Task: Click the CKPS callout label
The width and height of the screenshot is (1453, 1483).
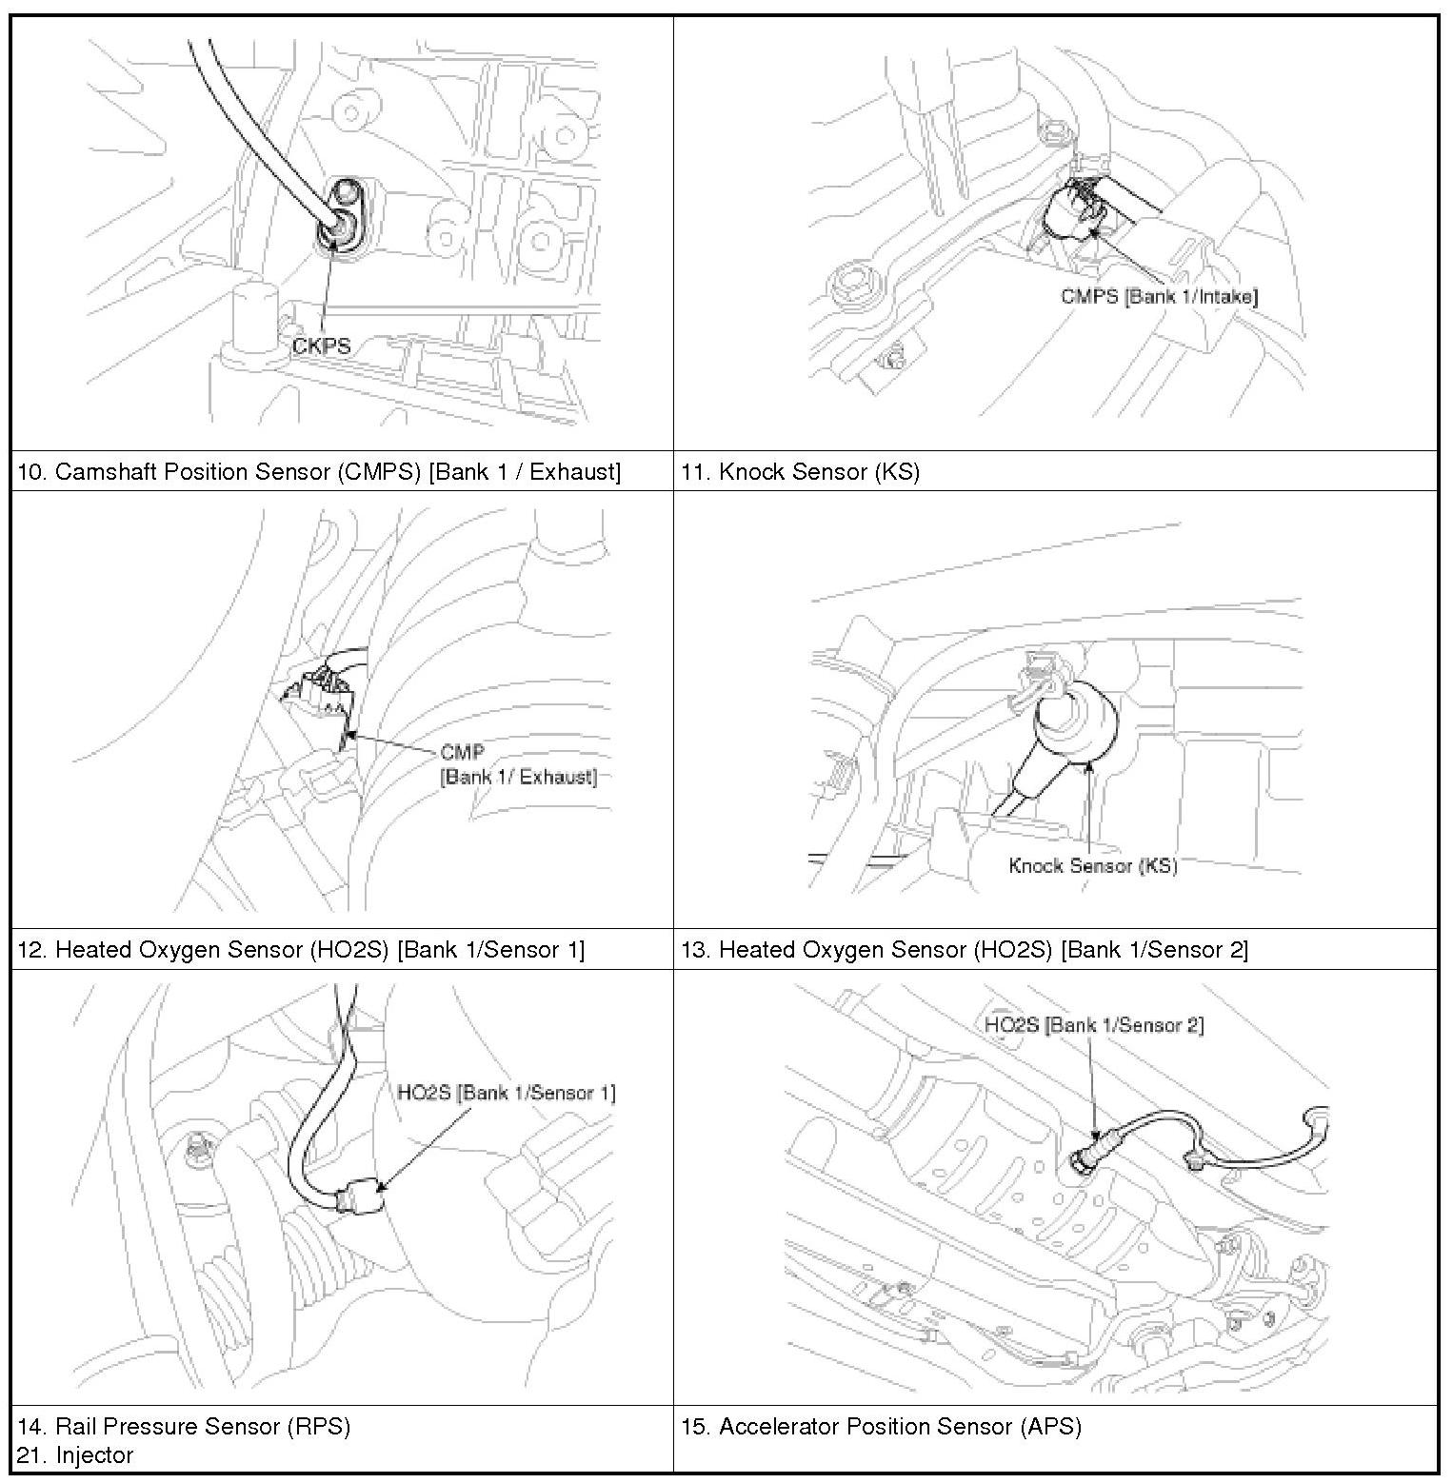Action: click(322, 346)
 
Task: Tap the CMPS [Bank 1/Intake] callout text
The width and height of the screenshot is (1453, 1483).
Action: click(1159, 296)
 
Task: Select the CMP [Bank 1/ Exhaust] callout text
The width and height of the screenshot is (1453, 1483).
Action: click(518, 765)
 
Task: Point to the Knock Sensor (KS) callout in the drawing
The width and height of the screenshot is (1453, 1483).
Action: click(1092, 865)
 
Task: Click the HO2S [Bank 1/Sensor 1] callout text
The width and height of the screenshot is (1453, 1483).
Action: click(506, 1092)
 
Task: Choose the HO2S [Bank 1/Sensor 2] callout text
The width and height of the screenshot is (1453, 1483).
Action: click(1094, 1024)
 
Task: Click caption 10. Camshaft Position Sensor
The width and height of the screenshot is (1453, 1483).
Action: click(319, 471)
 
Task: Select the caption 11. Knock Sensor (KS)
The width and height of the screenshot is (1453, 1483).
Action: click(800, 471)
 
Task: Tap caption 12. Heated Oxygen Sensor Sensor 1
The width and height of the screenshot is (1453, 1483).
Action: click(301, 949)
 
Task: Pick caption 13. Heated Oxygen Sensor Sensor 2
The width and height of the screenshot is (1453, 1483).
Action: click(964, 949)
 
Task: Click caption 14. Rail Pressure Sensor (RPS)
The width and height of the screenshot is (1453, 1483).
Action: click(184, 1426)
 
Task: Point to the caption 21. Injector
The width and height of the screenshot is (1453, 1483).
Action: click(75, 1454)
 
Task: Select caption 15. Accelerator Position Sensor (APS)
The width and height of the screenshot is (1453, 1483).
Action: click(881, 1426)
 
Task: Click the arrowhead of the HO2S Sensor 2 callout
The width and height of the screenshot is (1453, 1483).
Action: click(1096, 1137)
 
